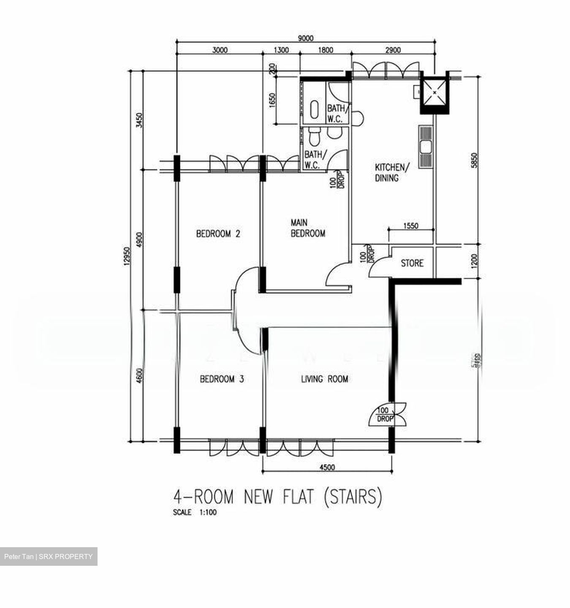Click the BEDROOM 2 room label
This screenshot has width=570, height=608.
[218, 233]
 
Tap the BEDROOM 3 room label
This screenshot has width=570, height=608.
[222, 379]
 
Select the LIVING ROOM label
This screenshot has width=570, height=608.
[324, 379]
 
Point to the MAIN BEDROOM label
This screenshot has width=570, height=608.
[308, 228]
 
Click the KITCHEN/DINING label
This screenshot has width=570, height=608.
[392, 172]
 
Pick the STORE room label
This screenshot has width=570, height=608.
[412, 263]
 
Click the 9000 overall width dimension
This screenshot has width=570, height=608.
[306, 38]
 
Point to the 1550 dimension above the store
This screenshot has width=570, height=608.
[411, 226]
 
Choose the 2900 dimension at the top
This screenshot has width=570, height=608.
[393, 50]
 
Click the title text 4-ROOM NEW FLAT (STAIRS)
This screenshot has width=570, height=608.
[278, 497]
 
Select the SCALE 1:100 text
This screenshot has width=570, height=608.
[195, 513]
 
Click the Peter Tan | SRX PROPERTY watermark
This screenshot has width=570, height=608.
[48, 556]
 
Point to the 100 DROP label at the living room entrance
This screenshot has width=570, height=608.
[384, 415]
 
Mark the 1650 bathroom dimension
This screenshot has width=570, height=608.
[272, 100]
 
